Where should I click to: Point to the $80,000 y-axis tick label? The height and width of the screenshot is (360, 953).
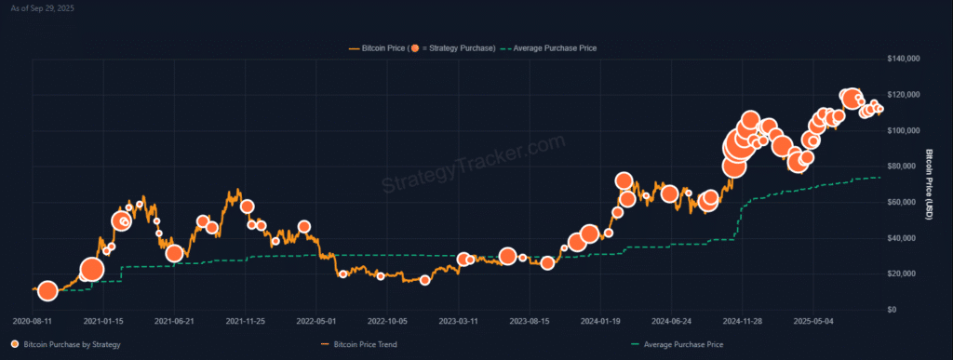(x=903, y=167)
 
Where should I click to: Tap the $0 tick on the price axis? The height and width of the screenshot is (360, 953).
(x=893, y=310)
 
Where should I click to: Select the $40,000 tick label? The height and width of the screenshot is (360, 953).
(x=903, y=238)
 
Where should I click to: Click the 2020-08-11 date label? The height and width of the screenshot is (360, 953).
(x=34, y=321)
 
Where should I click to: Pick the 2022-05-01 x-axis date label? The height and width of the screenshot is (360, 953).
(x=316, y=321)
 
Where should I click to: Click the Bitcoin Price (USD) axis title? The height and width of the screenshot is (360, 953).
(x=931, y=183)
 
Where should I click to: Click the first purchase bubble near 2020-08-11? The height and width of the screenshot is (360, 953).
(x=47, y=291)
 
